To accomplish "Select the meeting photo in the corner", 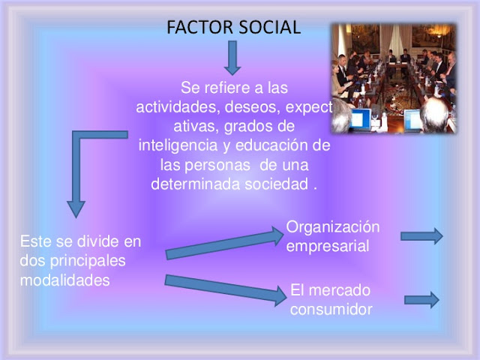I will pyautogui.click(x=393, y=78).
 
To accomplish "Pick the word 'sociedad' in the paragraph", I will pyautogui.click(x=277, y=184).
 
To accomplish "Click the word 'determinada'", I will pyautogui.click(x=196, y=184).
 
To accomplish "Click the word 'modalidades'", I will pyautogui.click(x=65, y=280).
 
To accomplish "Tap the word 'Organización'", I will pyautogui.click(x=333, y=227).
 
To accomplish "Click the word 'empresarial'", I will pyautogui.click(x=328, y=246).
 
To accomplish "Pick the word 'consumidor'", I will pyautogui.click(x=331, y=308).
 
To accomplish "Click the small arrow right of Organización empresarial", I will pyautogui.click(x=421, y=236).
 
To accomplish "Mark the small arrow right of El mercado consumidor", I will pyautogui.click(x=421, y=300).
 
